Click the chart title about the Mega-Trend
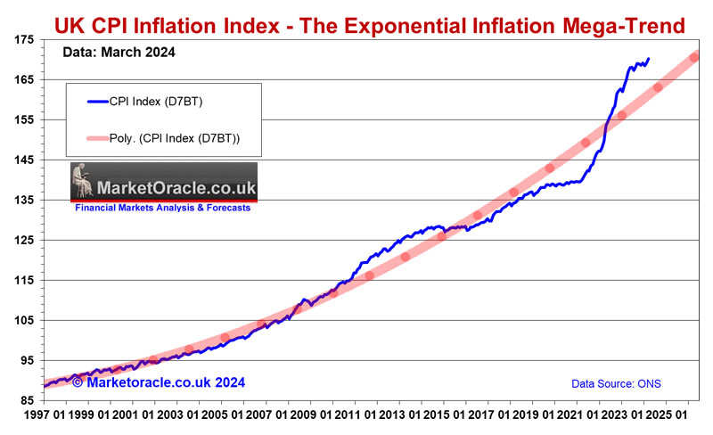point(371,25)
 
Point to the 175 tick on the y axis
point(21,39)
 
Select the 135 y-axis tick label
point(21,201)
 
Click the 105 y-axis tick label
point(21,321)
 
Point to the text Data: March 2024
point(119,53)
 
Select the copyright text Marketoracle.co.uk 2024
point(159,382)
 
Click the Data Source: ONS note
point(617,384)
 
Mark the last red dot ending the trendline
point(695,57)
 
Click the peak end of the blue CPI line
point(648,60)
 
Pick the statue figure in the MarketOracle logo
point(86,182)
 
